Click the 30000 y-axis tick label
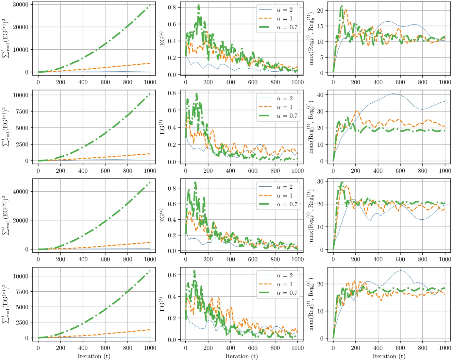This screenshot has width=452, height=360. point(20,5)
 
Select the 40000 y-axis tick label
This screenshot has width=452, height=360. point(20,191)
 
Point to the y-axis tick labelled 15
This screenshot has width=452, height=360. point(320,26)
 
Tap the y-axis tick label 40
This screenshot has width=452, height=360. point(320,95)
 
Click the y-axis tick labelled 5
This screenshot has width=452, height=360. point(322,57)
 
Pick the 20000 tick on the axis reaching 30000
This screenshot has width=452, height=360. point(20,27)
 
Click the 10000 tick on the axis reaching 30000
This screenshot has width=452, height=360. point(20,50)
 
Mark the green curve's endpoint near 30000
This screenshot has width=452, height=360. point(150,5)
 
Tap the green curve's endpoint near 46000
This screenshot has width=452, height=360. point(150,182)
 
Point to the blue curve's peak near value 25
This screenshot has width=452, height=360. point(400,270)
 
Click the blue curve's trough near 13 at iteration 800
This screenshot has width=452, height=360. point(422,219)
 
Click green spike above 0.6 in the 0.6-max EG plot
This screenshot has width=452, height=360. point(194,271)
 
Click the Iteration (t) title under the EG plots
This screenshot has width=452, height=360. point(241,356)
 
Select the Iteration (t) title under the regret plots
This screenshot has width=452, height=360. point(389,356)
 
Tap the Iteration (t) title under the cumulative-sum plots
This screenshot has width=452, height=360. point(94,356)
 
